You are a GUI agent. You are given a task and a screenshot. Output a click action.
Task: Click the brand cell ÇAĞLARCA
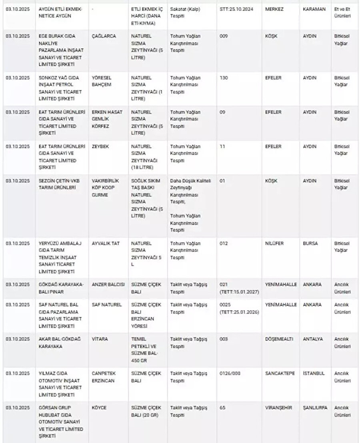tap(104, 36)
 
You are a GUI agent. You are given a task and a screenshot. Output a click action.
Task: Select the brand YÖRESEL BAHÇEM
tap(102, 81)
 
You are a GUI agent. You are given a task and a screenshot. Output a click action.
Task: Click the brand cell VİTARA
tap(100, 339)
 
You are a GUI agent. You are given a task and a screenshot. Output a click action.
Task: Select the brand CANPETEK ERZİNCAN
tap(103, 377)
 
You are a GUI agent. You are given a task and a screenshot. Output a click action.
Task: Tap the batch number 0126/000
tap(231, 373)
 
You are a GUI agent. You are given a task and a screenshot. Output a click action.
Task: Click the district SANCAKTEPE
tap(280, 373)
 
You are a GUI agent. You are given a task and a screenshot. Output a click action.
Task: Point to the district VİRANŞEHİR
tap(278, 408)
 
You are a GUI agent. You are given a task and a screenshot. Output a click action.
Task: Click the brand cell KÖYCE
tap(99, 408)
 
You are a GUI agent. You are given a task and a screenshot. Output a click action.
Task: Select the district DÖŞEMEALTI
tap(279, 339)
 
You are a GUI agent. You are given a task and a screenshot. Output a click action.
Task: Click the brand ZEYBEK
tap(100, 147)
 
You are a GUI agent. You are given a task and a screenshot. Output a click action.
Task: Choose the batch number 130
tap(224, 78)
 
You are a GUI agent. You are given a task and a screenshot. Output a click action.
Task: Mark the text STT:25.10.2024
tap(236, 9)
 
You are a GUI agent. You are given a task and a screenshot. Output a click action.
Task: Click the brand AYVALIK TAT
tap(106, 243)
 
